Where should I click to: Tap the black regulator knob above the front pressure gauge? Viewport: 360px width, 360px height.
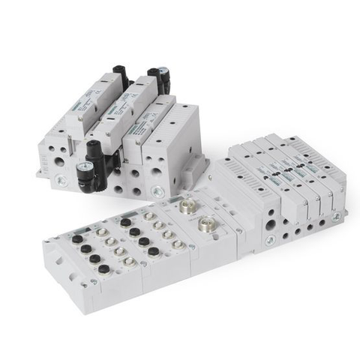[94, 145]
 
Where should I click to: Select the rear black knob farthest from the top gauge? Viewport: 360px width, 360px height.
[118, 70]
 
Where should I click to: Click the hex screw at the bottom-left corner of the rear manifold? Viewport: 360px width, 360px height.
[61, 180]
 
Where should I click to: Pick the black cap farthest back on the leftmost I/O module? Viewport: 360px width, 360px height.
[76, 239]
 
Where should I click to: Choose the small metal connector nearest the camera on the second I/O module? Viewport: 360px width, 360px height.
[178, 244]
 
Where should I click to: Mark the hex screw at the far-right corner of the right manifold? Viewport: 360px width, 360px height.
[337, 217]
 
